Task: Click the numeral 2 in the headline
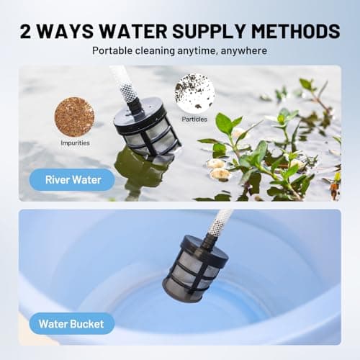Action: coord(25,31)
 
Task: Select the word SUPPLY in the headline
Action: coord(209,31)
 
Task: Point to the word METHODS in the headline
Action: coord(296,31)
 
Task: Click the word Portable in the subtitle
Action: coord(112,50)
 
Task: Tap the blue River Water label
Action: coord(72,180)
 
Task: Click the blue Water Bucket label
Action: coord(72,324)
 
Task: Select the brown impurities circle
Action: coord(74,117)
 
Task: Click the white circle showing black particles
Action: coord(194,93)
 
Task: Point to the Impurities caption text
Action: coord(75,143)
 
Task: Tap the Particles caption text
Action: coord(194,119)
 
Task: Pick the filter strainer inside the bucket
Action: coord(196,266)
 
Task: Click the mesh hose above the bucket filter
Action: coord(220,223)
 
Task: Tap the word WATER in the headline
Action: coord(133,31)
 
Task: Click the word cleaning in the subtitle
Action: coord(155,51)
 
